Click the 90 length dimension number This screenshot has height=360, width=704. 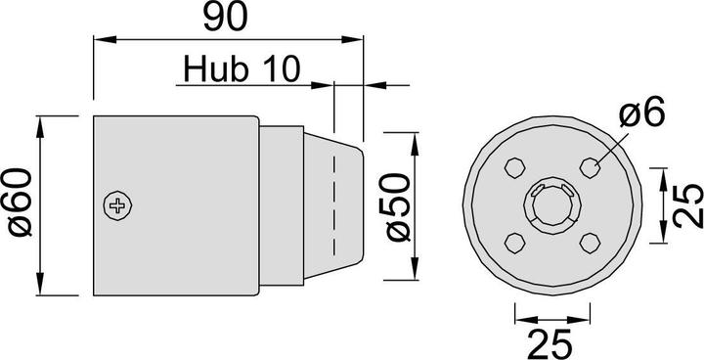click(227, 18)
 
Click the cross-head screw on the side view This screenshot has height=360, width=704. click(119, 205)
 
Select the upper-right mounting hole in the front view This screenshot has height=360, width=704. click(590, 166)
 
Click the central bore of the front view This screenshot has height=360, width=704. click(553, 203)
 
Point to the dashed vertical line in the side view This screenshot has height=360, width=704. click(334, 205)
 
